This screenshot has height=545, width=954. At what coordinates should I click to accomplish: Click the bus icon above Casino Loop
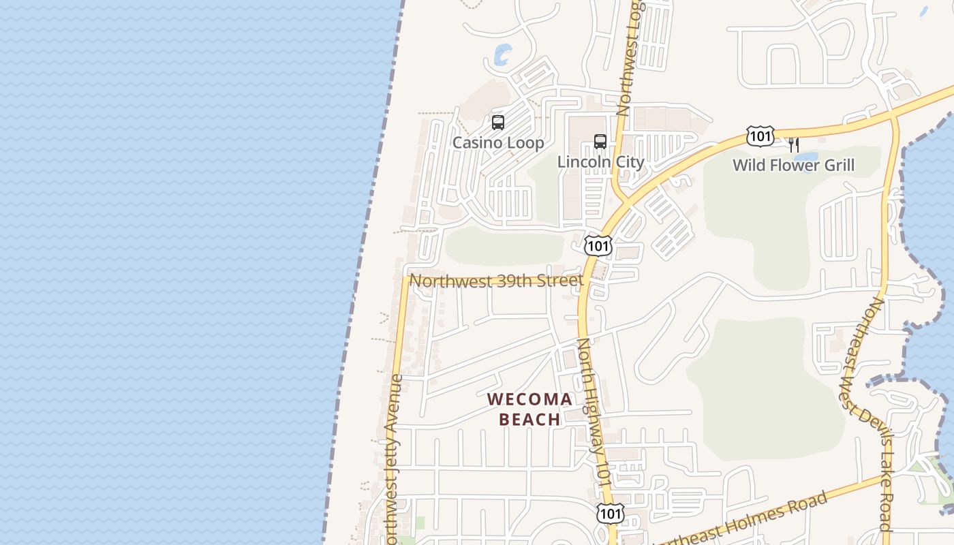pyautogui.click(x=498, y=123)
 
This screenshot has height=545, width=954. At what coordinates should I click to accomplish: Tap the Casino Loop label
pyautogui.click(x=498, y=142)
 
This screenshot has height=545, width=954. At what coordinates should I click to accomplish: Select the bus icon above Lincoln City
pyautogui.click(x=600, y=142)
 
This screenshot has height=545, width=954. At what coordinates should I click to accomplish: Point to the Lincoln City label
pyautogui.click(x=600, y=162)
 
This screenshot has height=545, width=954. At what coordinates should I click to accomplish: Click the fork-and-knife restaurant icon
pyautogui.click(x=793, y=144)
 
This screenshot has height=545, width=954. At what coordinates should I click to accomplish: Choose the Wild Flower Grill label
pyautogui.click(x=793, y=165)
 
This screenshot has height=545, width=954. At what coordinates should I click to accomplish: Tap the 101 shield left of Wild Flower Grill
pyautogui.click(x=760, y=136)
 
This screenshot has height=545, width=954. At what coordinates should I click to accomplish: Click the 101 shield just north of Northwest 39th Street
pyautogui.click(x=598, y=246)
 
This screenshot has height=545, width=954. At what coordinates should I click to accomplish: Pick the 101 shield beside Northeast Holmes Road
pyautogui.click(x=610, y=513)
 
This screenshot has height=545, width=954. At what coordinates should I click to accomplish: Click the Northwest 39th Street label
pyautogui.click(x=496, y=281)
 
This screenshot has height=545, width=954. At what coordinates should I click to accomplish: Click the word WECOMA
pyautogui.click(x=529, y=399)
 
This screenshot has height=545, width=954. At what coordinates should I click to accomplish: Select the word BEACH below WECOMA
pyautogui.click(x=529, y=419)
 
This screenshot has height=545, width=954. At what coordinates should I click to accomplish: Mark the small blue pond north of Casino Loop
pyautogui.click(x=503, y=54)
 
